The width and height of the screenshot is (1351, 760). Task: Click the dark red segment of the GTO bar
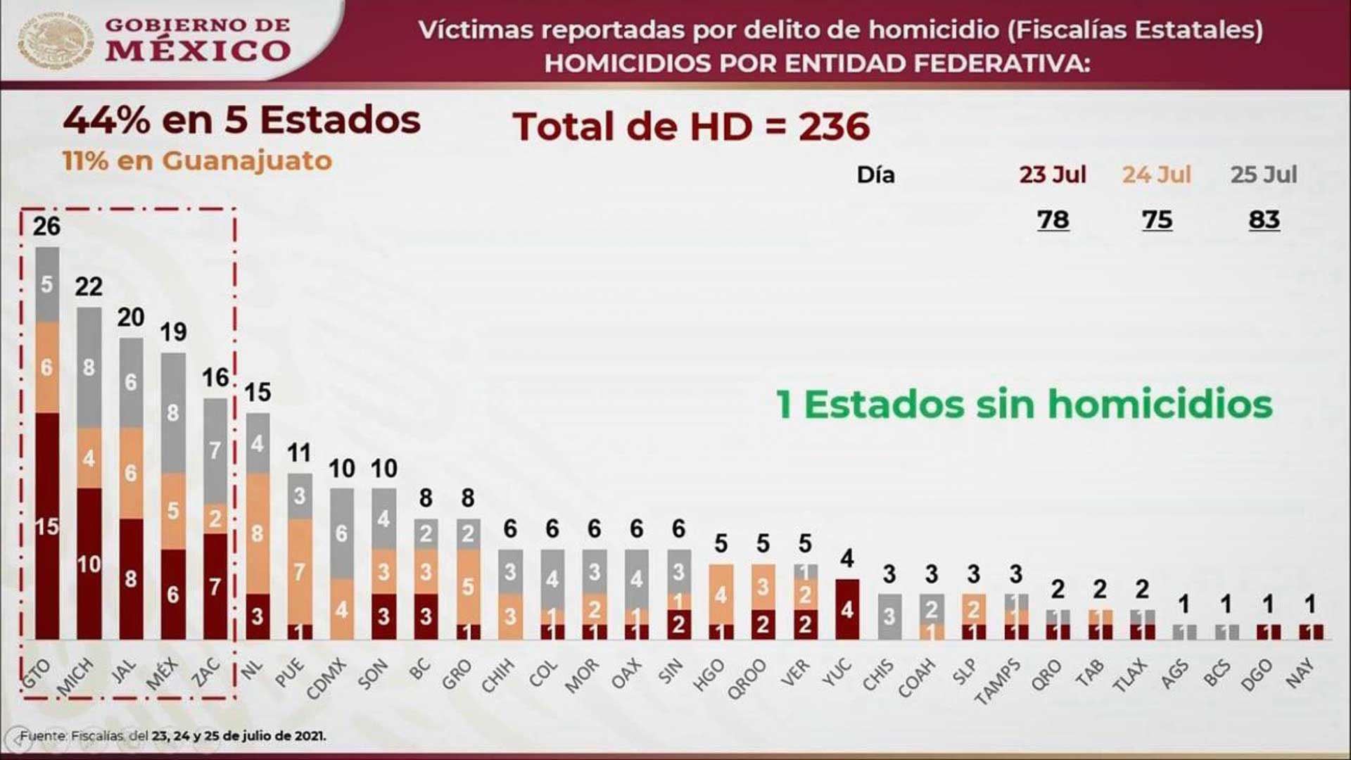pyautogui.click(x=47, y=526)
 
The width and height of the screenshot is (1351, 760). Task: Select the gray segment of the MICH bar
pyautogui.click(x=89, y=367)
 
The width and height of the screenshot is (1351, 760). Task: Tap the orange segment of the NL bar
pyautogui.click(x=258, y=533)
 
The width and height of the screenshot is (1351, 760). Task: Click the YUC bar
pyautogui.click(x=847, y=609)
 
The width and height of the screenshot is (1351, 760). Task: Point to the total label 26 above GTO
pyautogui.click(x=46, y=226)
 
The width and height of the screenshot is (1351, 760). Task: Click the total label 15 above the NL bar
pyautogui.click(x=258, y=392)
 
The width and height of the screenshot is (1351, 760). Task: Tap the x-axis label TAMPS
pyautogui.click(x=998, y=680)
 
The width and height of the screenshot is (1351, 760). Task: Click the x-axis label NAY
pyautogui.click(x=1300, y=672)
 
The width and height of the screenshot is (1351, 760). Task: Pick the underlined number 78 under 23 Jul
pyautogui.click(x=1053, y=220)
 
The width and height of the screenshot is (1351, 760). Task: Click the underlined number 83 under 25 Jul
pyautogui.click(x=1264, y=220)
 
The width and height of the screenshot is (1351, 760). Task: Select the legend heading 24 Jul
pyautogui.click(x=1156, y=175)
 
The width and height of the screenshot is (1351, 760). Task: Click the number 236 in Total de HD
pyautogui.click(x=834, y=127)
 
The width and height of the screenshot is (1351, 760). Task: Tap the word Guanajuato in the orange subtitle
pyautogui.click(x=247, y=161)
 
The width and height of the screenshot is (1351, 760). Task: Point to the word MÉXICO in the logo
pyautogui.click(x=198, y=51)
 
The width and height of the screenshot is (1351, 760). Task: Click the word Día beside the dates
pyautogui.click(x=875, y=175)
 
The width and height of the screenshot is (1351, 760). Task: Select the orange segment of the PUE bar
pyautogui.click(x=300, y=571)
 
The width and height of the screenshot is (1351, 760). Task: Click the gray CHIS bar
pyautogui.click(x=889, y=616)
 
